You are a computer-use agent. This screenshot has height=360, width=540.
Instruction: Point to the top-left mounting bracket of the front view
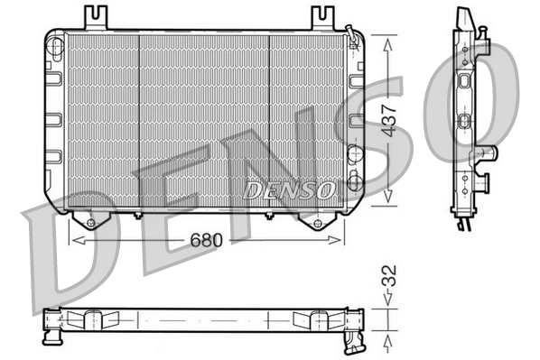point(95,17)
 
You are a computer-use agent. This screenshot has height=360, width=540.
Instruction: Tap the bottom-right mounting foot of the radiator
point(317,220)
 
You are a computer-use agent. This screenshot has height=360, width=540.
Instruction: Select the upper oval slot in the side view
point(465,81)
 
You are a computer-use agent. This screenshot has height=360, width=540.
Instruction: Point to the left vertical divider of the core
point(139,122)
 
